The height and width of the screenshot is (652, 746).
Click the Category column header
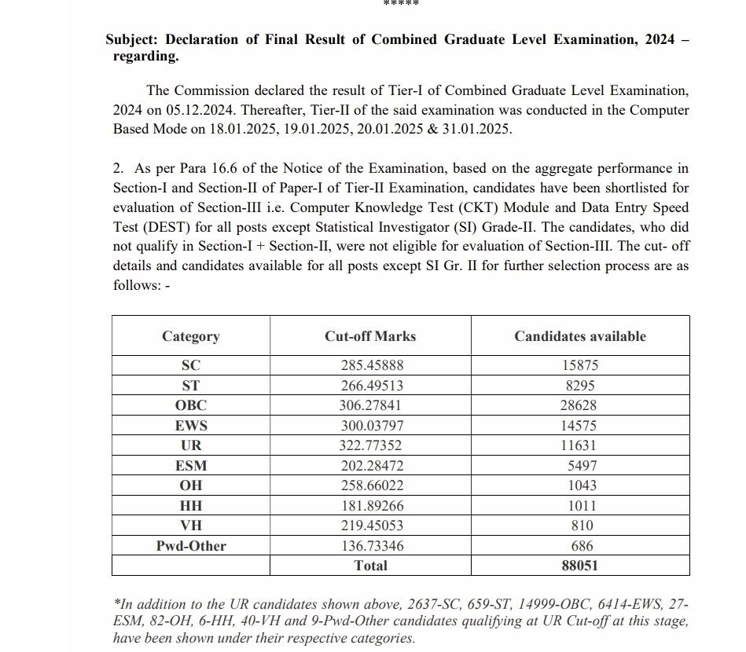coord(191,336)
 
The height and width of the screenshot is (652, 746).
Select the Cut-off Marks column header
coord(370,336)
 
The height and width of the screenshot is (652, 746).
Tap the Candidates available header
coord(580,336)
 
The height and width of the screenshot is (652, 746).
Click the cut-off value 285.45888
coord(370,365)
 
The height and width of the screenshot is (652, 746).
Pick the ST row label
coord(191,386)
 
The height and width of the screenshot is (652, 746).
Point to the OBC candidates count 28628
coord(580,405)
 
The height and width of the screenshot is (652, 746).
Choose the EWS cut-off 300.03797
coord(370,426)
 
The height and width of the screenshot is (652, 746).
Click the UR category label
coord(191,445)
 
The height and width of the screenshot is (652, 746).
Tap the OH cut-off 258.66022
coord(370,485)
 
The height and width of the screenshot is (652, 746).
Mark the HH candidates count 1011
coord(581,506)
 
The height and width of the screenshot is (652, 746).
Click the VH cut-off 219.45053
coord(370,526)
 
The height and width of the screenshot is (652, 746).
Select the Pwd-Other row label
coord(191,546)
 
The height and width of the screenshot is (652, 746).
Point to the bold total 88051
coord(580,566)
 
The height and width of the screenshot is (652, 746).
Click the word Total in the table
coord(370,566)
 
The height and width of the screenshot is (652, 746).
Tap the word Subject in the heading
coord(132,39)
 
